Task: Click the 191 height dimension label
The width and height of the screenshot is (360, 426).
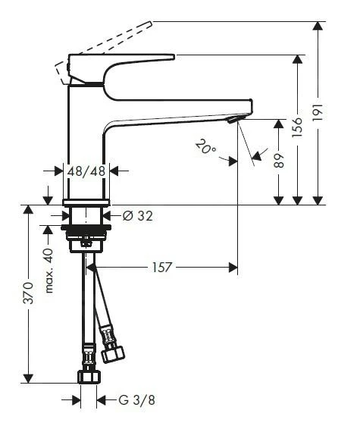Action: pyautogui.click(x=318, y=112)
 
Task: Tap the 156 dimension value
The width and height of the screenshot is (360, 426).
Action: pyautogui.click(x=297, y=127)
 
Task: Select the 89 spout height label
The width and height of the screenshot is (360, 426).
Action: pyautogui.click(x=278, y=161)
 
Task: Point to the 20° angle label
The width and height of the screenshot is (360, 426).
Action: pyautogui.click(x=205, y=147)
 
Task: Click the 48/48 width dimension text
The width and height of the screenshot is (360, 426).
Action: pyautogui.click(x=86, y=171)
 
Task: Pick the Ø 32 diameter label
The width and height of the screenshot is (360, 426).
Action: pyautogui.click(x=137, y=216)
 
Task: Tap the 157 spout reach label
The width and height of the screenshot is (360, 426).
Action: pyautogui.click(x=162, y=267)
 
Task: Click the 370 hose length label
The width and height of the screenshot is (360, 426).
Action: pyautogui.click(x=28, y=293)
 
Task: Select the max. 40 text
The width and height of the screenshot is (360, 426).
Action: pyautogui.click(x=49, y=271)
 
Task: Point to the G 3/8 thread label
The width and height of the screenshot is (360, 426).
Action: pyautogui.click(x=136, y=400)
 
